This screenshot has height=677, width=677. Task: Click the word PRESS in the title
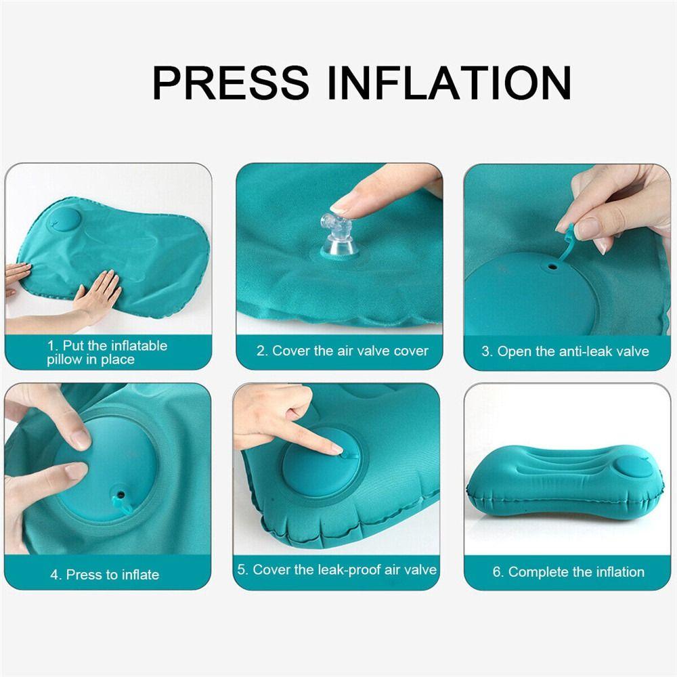(x=231, y=83)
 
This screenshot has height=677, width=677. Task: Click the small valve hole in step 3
(x=553, y=267)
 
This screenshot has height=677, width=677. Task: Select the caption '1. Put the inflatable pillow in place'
(x=107, y=352)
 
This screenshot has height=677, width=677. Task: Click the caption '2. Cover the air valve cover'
(x=343, y=351)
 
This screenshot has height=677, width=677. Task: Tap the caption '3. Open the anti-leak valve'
(x=565, y=351)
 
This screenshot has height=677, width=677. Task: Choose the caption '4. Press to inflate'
(x=104, y=575)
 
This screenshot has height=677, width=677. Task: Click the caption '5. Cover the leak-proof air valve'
(x=336, y=570)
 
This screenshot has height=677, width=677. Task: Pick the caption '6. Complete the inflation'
(x=567, y=572)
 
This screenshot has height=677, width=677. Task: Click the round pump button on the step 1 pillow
(x=67, y=221)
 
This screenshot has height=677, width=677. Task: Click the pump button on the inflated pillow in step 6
(x=631, y=466)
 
